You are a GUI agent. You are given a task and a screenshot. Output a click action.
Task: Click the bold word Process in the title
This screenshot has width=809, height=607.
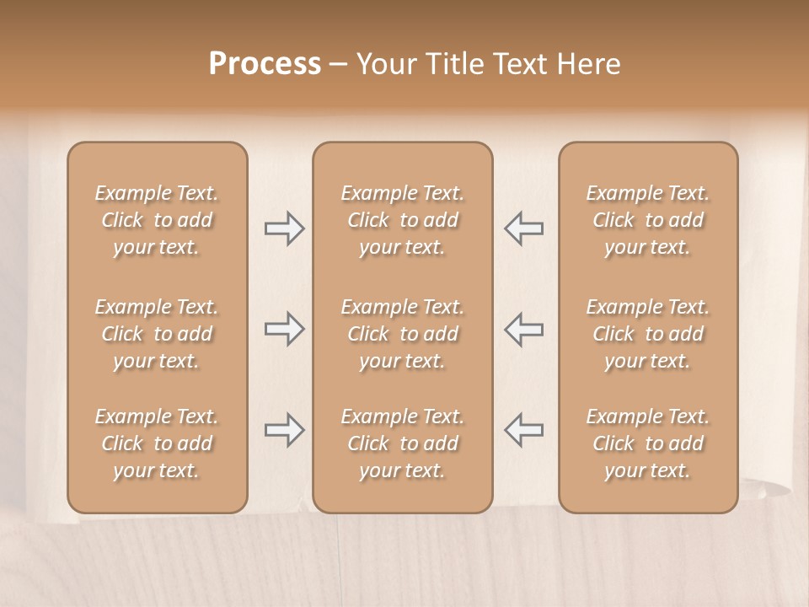pos(265,64)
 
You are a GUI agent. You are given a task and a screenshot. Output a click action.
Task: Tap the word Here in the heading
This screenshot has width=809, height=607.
pos(590,64)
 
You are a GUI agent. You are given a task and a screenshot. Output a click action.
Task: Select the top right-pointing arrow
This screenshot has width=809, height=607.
pos(284,228)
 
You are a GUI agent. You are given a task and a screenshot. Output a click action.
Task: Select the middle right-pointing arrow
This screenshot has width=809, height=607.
pos(284,328)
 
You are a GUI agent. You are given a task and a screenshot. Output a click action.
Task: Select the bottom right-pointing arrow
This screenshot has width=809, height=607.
pos(284,430)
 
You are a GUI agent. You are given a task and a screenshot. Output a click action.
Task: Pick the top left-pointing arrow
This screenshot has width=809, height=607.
pos(523,228)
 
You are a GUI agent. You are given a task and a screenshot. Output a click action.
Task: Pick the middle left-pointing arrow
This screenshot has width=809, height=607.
pos(523,328)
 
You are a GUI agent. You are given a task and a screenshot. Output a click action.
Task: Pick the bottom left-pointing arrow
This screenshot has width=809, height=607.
pos(523,430)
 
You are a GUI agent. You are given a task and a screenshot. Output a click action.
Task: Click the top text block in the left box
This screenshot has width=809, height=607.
pos(157,220)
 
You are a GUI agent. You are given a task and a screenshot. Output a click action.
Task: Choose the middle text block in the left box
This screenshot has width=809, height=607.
pos(157,334)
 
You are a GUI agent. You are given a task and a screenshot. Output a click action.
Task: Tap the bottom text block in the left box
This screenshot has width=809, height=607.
pos(157,443)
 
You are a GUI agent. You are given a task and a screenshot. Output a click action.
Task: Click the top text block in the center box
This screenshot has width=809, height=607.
pos(402,220)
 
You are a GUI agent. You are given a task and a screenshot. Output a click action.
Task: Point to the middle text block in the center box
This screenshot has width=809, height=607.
pos(402,334)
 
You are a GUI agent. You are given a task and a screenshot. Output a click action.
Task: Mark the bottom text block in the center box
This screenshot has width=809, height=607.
pos(402,443)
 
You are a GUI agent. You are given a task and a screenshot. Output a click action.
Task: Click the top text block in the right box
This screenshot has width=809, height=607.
pos(648,220)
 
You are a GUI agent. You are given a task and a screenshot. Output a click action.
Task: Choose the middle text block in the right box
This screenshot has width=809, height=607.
pos(648,334)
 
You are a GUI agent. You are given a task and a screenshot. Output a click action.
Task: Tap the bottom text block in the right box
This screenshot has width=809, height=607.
pos(648,443)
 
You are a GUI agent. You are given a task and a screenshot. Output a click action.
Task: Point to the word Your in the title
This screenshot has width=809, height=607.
pos(386,64)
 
